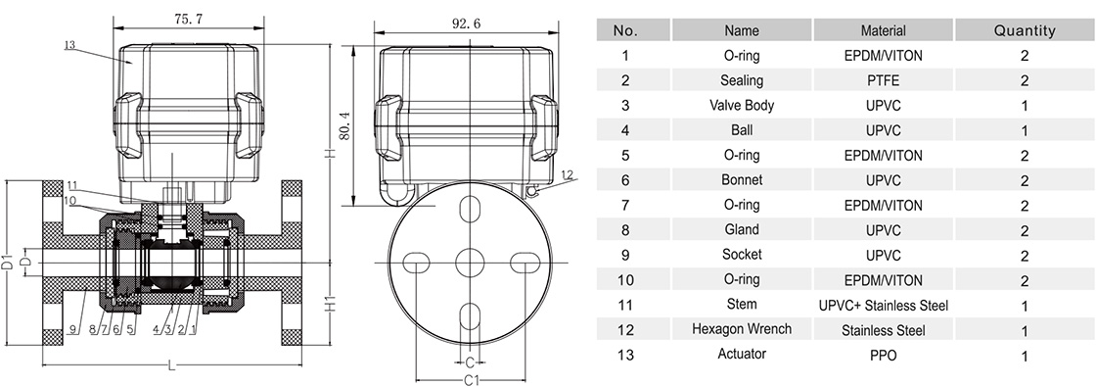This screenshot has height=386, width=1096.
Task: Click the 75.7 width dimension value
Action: tap(189, 19)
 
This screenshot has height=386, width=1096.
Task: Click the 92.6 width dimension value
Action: tap(466, 24)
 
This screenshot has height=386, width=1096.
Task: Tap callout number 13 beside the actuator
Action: tap(69, 45)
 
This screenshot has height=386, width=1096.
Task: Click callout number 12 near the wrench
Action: tap(567, 174)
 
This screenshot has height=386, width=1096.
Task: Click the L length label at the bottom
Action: tap(172, 363)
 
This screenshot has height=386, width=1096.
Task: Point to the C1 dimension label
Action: tap(471, 379)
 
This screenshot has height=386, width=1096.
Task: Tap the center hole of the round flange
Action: tap(471, 264)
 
